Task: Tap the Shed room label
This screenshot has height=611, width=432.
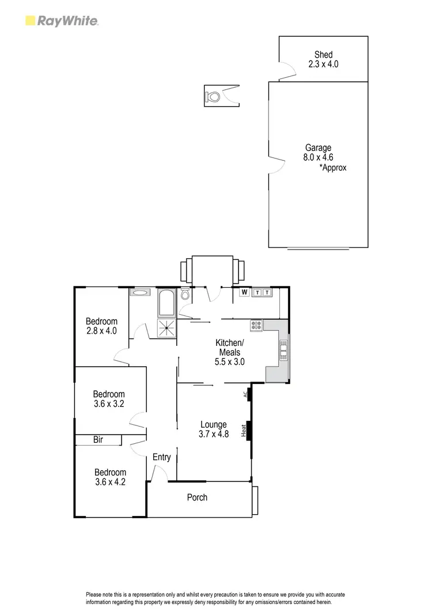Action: coord(323,55)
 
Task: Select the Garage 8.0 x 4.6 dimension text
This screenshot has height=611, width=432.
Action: coord(318,157)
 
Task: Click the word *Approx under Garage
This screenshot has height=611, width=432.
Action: coord(333,168)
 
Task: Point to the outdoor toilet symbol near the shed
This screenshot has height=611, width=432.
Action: coord(214,96)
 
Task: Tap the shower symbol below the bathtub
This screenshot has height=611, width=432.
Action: coord(167,329)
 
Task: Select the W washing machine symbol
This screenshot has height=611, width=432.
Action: coord(244,293)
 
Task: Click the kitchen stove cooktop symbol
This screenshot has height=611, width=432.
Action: coord(256,326)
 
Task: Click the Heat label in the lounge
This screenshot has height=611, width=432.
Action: coord(244,429)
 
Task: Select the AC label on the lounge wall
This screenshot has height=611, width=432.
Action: coord(245,395)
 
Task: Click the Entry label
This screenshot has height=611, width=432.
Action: coord(162,457)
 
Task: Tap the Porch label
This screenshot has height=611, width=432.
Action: coord(197,497)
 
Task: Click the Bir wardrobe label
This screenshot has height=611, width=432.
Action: coord(98,440)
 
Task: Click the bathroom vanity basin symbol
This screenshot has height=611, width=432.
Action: coord(139,293)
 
